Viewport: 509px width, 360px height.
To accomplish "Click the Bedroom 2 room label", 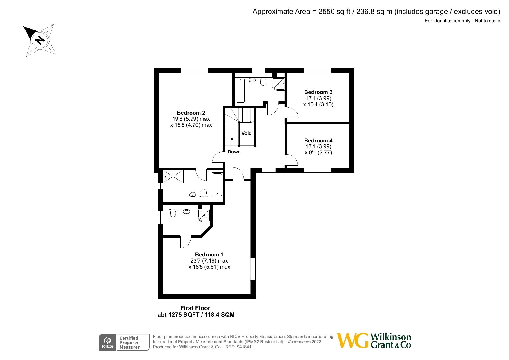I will click(191, 113).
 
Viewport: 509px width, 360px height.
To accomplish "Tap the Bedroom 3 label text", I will click(318, 92).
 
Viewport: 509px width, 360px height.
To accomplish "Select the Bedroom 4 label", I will click(318, 140).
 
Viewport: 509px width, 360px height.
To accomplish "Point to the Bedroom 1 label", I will click(209, 255).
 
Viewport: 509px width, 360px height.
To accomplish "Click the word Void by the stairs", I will click(247, 133).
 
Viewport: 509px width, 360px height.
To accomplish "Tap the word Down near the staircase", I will click(234, 152).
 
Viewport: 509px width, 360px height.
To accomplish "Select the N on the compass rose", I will click(39, 40).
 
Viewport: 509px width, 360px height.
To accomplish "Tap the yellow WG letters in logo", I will click(353, 341).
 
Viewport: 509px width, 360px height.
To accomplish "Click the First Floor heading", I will click(195, 308).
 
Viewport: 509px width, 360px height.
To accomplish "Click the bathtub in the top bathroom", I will click(240, 91).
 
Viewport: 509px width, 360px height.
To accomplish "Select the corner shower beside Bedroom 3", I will click(278, 84).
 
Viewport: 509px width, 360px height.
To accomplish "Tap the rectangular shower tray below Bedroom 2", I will click(173, 176).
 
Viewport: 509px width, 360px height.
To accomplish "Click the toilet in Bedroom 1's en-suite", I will click(173, 213).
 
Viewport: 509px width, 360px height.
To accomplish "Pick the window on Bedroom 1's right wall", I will click(253, 269).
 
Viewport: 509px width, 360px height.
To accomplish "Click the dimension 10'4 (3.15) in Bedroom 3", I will click(318, 104).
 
